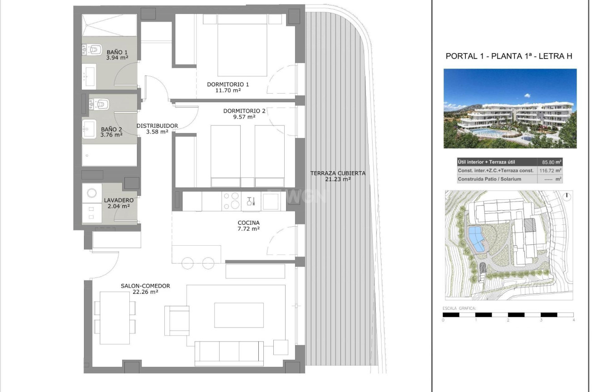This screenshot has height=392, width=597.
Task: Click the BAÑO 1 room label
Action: click(117, 52)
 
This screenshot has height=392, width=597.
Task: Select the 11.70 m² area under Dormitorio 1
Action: click(228, 90)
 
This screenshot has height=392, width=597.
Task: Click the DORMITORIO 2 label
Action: click(244, 111)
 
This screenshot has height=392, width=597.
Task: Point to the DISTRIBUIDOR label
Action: click(157, 126)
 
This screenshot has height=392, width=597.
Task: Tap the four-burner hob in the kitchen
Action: click(231, 201)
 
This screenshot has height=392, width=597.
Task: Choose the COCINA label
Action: click(248, 223)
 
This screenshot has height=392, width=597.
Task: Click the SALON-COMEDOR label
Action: click(145, 286)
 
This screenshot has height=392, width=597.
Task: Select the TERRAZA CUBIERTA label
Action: click(338, 173)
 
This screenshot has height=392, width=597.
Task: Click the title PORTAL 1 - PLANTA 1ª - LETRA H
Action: click(508, 56)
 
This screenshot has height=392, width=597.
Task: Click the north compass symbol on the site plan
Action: click(567, 197)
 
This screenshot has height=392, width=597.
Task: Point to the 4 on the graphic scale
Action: click(574, 320)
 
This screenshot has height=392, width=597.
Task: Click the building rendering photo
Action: click(510, 109)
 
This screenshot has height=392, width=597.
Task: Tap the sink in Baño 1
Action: click(89, 77)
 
